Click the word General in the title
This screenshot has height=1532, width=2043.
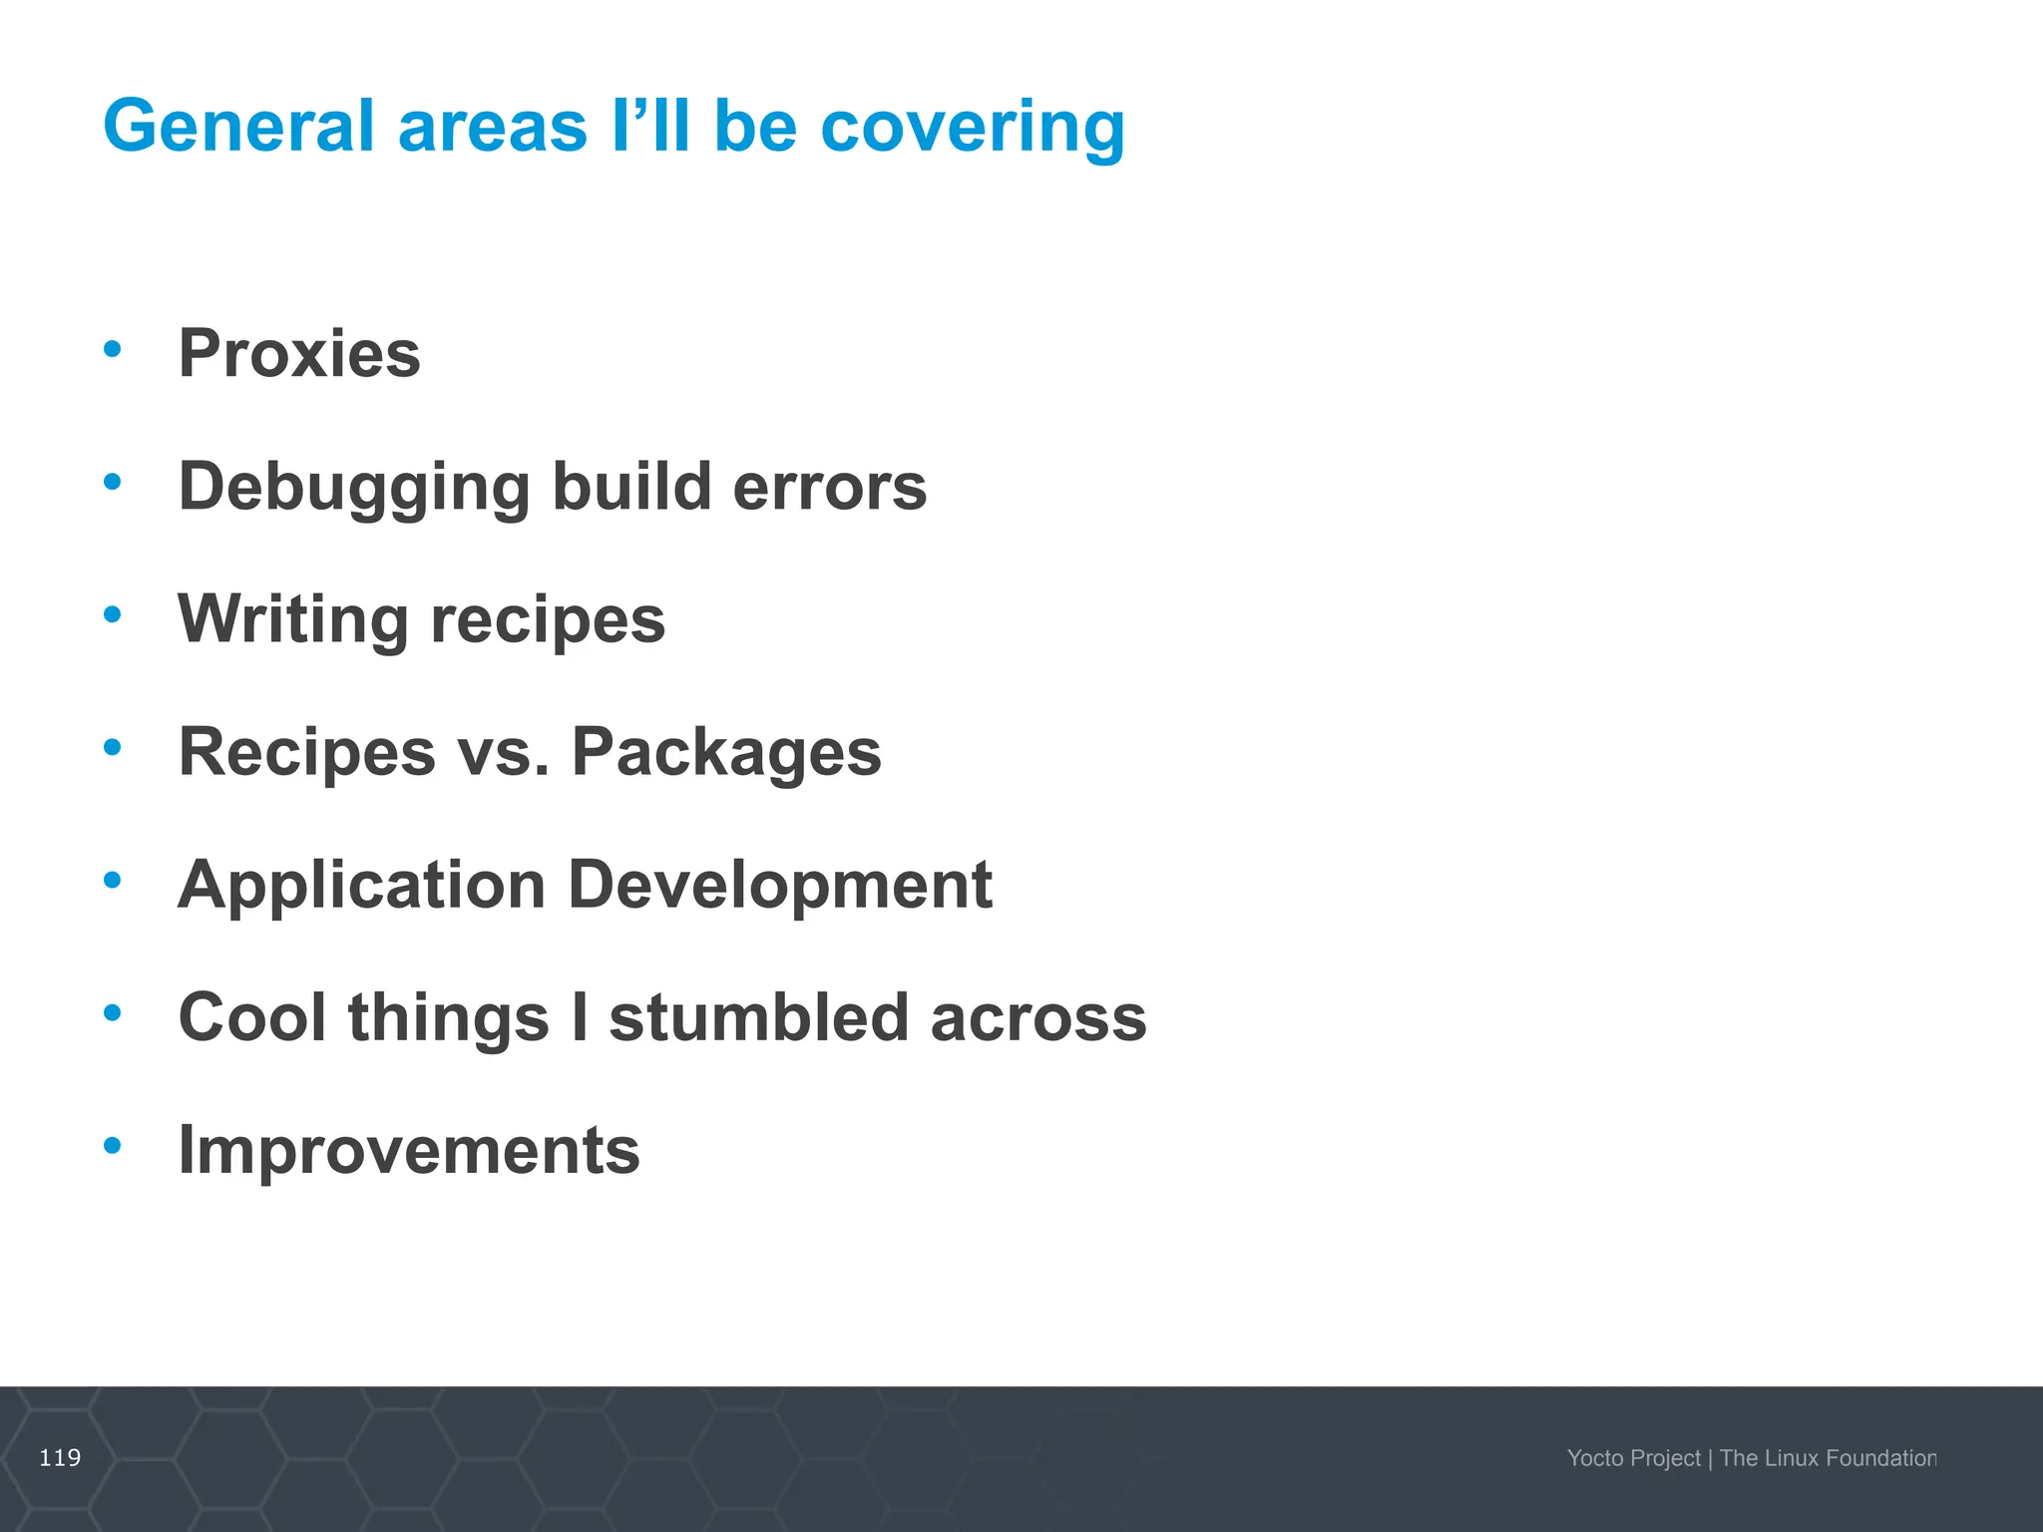coord(244,127)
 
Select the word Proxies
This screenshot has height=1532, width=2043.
coord(299,354)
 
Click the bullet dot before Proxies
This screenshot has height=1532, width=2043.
coord(113,349)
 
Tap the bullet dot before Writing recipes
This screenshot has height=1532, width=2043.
coord(113,614)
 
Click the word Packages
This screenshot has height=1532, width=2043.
coord(726,753)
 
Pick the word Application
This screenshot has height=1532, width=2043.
coord(361,886)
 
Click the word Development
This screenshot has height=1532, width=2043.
coord(780,886)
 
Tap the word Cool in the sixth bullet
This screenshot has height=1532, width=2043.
coord(252,1017)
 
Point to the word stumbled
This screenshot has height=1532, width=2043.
coord(758,1017)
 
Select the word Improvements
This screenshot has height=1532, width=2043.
coord(409,1151)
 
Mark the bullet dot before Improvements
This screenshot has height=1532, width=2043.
coord(113,1145)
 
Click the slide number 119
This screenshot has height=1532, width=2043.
coord(60,1458)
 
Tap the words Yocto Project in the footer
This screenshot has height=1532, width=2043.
coord(1633,1458)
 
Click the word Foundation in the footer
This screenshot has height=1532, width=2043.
coord(1881,1458)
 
